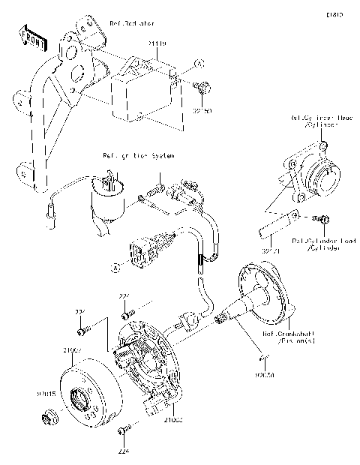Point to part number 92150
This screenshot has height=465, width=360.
click(x=202, y=110)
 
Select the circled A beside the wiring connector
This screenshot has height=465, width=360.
click(x=116, y=265)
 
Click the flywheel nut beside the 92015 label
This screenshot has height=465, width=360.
click(x=50, y=415)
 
